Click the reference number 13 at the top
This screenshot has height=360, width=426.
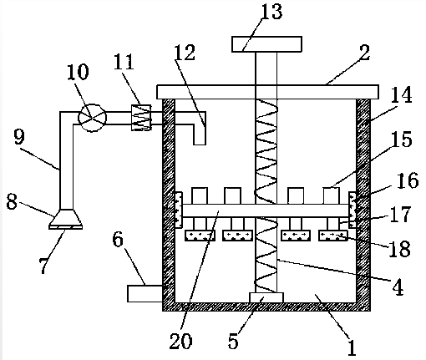272,12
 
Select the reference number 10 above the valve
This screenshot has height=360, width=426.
79,72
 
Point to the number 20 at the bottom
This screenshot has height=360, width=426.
180,341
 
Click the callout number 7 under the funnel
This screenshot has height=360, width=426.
43,266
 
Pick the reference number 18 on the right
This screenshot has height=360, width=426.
400,249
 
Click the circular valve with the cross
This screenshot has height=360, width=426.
92,118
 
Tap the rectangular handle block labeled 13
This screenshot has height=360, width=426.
267,44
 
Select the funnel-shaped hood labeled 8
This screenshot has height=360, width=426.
66,219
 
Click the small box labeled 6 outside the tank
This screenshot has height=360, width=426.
145,293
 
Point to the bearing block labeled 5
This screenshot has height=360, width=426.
266,297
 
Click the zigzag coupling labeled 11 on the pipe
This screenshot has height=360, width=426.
141,118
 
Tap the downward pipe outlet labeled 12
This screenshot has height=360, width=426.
200,128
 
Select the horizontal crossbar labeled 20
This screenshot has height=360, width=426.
266,210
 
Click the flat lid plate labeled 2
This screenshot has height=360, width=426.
267,92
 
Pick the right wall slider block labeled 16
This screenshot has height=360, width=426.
352,210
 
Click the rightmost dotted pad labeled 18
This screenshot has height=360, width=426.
333,236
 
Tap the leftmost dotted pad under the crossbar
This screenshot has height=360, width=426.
200,236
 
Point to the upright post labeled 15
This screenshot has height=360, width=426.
332,195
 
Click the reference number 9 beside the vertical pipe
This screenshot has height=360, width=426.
19,136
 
